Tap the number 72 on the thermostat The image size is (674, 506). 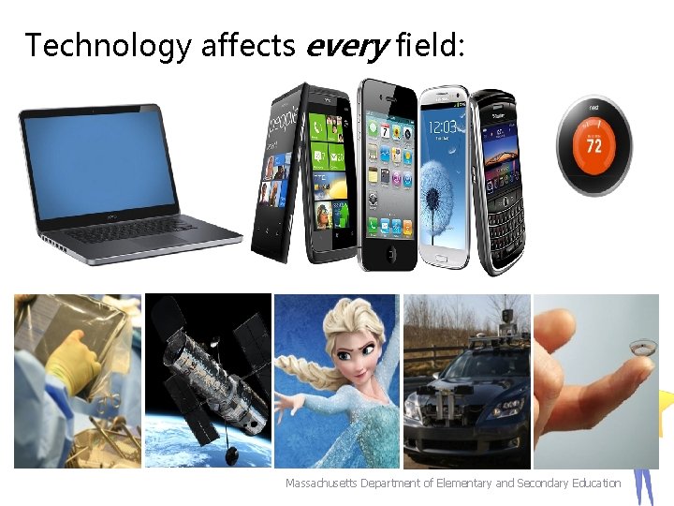click(593, 146)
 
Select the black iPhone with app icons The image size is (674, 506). click(388, 173)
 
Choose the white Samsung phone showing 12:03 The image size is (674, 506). click(443, 173)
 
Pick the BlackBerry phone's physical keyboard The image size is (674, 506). click(504, 220)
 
